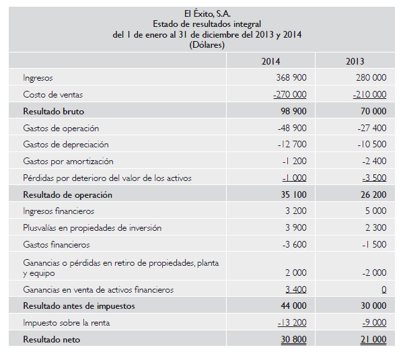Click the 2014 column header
click(x=270, y=61)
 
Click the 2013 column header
click(x=355, y=61)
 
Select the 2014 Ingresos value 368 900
click(x=291, y=77)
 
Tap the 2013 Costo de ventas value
click(x=369, y=94)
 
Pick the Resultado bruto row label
click(x=53, y=111)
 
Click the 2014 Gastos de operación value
click(x=292, y=128)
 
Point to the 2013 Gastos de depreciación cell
click(x=372, y=144)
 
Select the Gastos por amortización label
click(x=68, y=161)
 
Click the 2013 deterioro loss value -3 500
click(x=374, y=178)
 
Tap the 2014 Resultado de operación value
click(x=293, y=194)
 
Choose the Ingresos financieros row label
click(x=59, y=211)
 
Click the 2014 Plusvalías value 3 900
click(x=296, y=227)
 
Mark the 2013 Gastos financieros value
click(x=374, y=244)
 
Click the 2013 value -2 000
click(x=374, y=273)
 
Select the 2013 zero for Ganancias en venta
click(x=384, y=289)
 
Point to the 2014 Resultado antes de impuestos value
click(x=293, y=305)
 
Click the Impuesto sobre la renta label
click(x=67, y=323)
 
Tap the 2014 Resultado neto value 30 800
click(x=293, y=339)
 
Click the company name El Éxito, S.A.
click(x=207, y=13)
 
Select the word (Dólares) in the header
click(x=207, y=45)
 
